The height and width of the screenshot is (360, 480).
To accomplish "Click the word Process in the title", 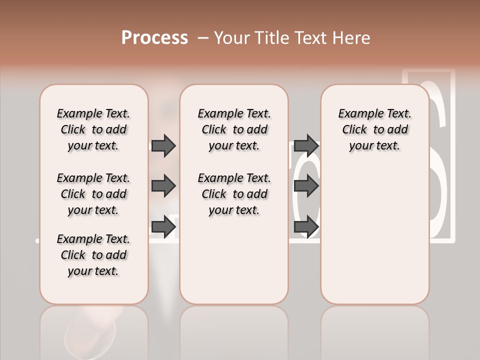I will click(154, 38).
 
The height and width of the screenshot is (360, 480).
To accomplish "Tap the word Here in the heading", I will click(349, 38).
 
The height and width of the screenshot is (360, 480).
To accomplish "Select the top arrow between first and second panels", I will click(163, 145).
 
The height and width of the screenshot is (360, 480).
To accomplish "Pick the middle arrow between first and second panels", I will click(163, 186).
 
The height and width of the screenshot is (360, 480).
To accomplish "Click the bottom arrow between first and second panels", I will click(163, 226).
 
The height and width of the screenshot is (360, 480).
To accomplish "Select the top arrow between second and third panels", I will click(306, 145).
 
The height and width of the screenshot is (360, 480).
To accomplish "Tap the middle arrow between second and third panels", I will click(306, 186).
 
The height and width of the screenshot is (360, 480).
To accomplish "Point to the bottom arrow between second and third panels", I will click(306, 226).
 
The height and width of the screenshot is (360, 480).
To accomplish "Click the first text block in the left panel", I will click(93, 129).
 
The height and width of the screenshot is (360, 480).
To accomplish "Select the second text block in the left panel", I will click(93, 194).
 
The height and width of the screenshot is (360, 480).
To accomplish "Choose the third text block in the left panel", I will click(93, 255).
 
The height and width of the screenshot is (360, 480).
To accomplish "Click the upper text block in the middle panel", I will click(234, 129).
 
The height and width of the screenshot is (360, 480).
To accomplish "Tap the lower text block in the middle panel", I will click(234, 194).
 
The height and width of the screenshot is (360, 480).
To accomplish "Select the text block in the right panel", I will click(374, 129).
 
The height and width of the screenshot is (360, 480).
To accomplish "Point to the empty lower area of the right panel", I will click(374, 235).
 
